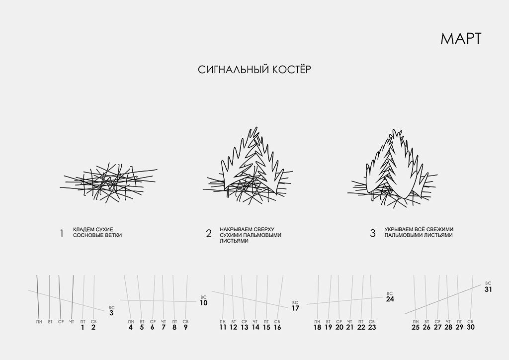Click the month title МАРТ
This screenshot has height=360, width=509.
point(461,39)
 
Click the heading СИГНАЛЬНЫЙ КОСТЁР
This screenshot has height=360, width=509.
point(254,70)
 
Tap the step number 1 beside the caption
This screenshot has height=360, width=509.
point(61,233)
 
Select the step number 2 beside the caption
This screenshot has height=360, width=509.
point(209,233)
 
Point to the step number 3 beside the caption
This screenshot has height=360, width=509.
point(373,233)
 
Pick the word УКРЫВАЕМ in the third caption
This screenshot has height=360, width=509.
point(399,230)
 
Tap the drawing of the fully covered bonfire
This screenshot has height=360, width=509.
point(393,169)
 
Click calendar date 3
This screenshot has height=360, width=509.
point(111,313)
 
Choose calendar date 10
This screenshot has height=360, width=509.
point(203,303)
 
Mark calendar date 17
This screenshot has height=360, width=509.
point(295,308)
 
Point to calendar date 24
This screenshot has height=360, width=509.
point(390,299)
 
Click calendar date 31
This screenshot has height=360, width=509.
point(488,289)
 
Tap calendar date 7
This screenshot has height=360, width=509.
point(163,327)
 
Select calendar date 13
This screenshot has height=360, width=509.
point(245,327)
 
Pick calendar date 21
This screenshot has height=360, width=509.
point(349,327)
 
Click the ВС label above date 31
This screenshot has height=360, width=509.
point(488,283)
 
